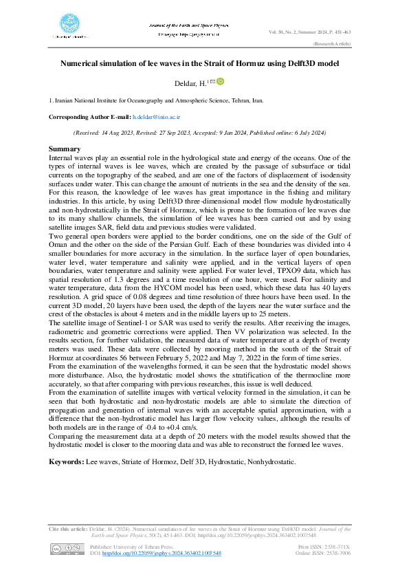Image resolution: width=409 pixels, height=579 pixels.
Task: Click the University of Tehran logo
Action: (68, 26)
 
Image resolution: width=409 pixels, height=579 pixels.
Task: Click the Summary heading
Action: (64, 149)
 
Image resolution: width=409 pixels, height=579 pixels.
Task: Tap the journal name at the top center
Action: (184, 25)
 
